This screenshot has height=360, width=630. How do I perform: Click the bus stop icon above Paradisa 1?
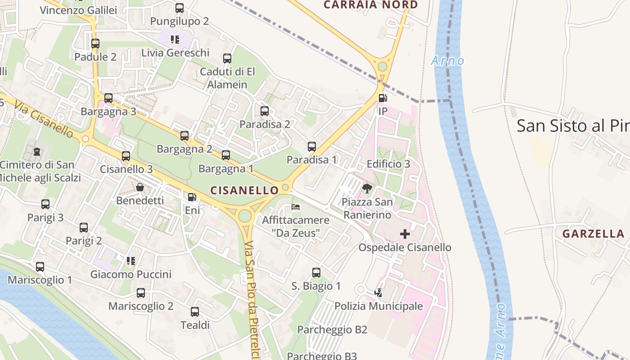click(312, 146)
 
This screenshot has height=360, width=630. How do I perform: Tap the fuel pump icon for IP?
click(382, 98)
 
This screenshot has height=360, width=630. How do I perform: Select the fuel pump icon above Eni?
click(192, 197)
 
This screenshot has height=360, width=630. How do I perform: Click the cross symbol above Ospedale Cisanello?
click(405, 234)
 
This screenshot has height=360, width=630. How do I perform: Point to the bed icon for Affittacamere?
click(296, 207)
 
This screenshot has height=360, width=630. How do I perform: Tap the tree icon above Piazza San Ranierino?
click(367, 189)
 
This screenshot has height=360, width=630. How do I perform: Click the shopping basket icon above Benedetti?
click(140, 187)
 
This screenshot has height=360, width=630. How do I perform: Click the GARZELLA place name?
click(594, 234)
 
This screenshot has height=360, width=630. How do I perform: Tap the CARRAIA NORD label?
click(371, 5)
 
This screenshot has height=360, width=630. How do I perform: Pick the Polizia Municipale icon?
click(378, 293)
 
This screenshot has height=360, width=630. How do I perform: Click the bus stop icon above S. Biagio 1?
click(316, 273)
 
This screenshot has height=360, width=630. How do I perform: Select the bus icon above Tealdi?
click(195, 311)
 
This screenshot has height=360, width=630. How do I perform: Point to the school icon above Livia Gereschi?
click(175, 40)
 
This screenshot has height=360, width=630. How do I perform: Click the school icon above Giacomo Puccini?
click(131, 261)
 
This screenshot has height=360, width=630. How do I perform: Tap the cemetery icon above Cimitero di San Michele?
click(37, 152)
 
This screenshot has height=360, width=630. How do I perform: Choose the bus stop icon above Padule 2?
click(95, 44)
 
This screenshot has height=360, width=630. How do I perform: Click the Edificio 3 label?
click(388, 164)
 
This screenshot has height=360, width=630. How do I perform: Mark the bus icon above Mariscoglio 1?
click(40, 267)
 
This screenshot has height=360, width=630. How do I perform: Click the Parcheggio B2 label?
click(333, 329)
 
